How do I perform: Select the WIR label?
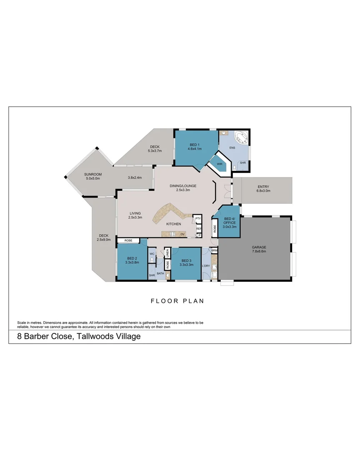click(x=220, y=164)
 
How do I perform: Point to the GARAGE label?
click(x=259, y=247)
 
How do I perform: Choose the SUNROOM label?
click(x=93, y=174)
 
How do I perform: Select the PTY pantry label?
click(x=198, y=218)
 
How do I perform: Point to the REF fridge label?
click(x=199, y=229)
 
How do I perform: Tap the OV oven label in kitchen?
click(x=182, y=234)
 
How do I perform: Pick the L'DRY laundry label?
click(x=205, y=266)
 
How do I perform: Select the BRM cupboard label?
click(x=214, y=250)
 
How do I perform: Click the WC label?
click(x=152, y=254)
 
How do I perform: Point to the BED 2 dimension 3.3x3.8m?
click(x=132, y=262)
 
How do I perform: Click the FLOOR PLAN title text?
click(x=177, y=301)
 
